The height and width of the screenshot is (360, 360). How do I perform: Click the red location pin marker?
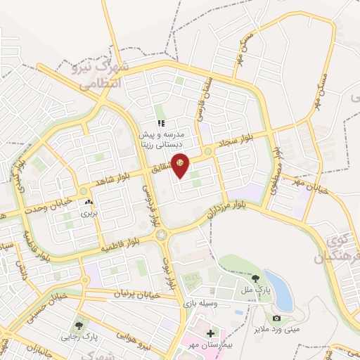point(181,165)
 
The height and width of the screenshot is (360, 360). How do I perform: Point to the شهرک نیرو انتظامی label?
point(98,75)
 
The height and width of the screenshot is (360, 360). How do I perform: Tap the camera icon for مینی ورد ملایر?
point(276,319)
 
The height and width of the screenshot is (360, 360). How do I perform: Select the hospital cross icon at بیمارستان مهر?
point(212,332)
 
